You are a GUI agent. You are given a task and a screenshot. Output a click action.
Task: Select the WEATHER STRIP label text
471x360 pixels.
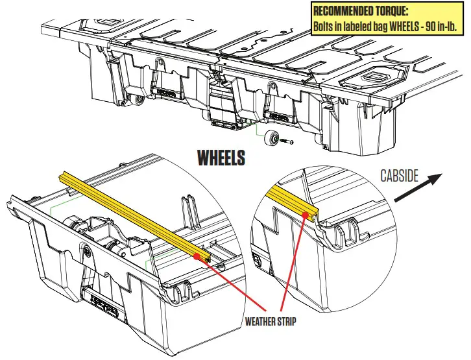click(271, 321)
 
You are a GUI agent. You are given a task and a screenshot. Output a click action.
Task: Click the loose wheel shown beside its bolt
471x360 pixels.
click(271, 138)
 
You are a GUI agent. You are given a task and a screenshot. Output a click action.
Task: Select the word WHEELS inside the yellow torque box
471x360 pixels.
click(408, 26)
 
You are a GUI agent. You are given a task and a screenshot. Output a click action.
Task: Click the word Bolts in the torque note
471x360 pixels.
click(326, 26)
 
